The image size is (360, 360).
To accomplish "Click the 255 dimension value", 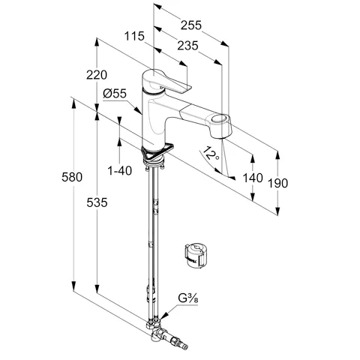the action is pos(191,25).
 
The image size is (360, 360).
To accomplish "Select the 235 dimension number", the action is pos(187,46).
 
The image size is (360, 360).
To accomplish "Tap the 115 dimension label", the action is pos(134,36).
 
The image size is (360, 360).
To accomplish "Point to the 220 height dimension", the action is pos(97,75).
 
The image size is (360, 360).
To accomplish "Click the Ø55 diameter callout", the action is pos(115,94).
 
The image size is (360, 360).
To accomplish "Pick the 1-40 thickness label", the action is pos(119,171).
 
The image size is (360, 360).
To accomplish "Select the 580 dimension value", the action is pos(72,177).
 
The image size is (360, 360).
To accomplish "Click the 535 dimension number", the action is pos(97,202).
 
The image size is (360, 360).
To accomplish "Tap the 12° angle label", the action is pos(211,153).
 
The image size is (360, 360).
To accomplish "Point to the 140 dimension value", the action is pos(253,178).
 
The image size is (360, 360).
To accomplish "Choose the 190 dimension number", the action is pos(277,183).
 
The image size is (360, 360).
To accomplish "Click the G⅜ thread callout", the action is pos(188,298).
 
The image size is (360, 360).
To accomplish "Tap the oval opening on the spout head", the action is pos(219,118).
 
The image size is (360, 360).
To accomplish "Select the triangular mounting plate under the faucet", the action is pos(157,152).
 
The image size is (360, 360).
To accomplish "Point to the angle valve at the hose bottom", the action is pos(168,337).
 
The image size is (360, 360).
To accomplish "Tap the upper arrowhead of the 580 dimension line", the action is pos(73,103).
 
